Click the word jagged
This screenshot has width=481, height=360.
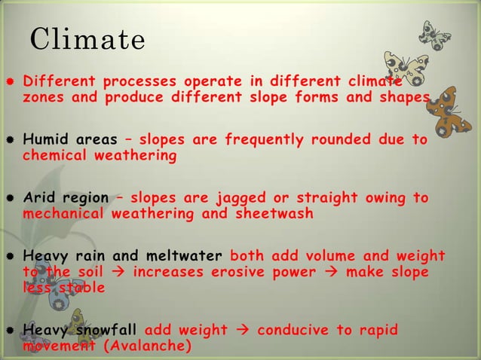[x=241, y=198]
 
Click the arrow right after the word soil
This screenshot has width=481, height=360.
[x=117, y=272]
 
